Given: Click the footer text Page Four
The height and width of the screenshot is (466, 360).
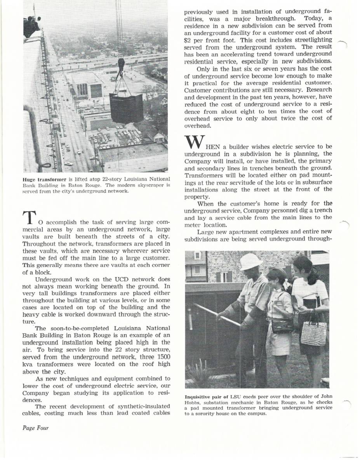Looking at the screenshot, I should [33, 428].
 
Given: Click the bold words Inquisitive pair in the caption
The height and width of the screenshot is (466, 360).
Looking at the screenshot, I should [205, 397].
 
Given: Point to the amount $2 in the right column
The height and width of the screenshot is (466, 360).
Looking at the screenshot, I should [188, 40].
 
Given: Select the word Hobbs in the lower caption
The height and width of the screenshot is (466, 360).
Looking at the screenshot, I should [195, 403].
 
